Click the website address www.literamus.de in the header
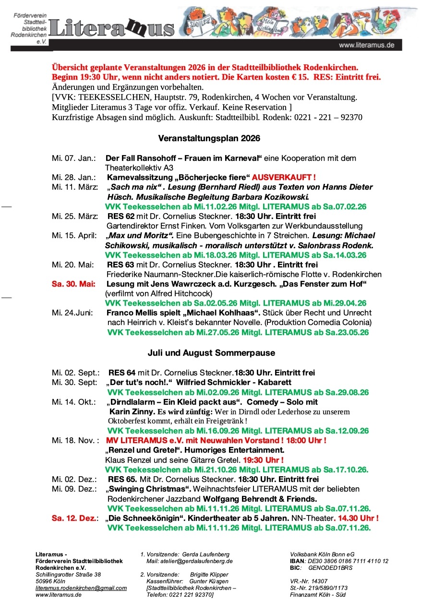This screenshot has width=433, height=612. click(366, 45)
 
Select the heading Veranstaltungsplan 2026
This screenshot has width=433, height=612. click(209, 138)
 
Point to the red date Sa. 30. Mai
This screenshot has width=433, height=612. click(73, 284)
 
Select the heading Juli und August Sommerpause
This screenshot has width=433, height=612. click(211, 353)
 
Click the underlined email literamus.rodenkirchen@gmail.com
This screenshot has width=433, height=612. click(81, 588)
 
